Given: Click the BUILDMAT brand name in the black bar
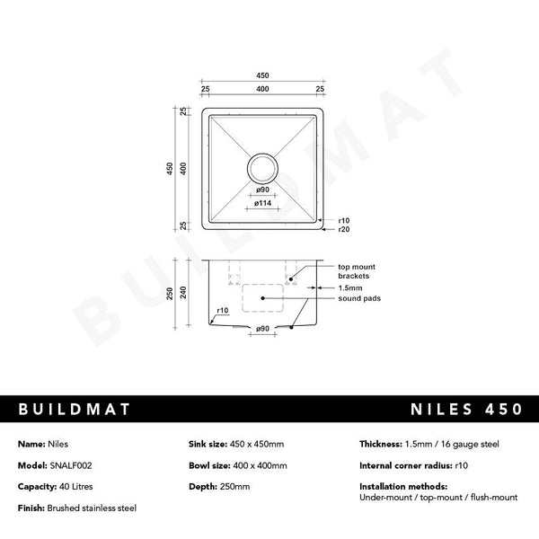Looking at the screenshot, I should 75,409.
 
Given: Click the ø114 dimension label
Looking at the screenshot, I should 263,204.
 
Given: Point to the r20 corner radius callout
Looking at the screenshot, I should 343,230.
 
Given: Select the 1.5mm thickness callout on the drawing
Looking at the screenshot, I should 350,287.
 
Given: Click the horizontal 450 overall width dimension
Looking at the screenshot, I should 262,75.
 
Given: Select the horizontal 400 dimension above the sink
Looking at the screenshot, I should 262,90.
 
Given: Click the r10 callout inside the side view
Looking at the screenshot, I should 222,311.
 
